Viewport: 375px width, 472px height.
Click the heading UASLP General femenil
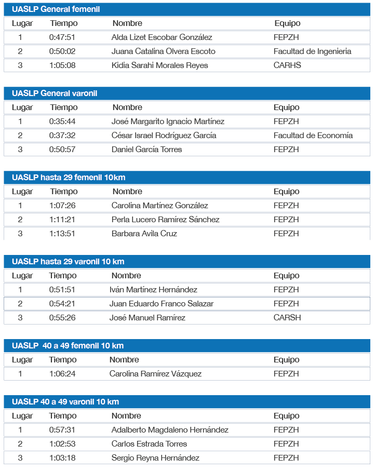point(56,9)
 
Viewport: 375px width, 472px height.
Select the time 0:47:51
point(62,37)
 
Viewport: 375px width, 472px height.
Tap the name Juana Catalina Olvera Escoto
point(163,51)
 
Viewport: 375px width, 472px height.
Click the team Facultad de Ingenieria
point(312,51)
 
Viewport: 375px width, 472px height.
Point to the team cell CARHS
point(287,65)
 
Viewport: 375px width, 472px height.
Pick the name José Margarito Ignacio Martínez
point(168,122)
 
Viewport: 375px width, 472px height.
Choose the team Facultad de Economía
point(313,136)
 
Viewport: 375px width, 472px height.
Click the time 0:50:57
point(62,150)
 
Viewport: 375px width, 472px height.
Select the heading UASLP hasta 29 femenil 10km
point(69,178)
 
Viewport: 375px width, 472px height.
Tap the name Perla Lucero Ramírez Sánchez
point(165,220)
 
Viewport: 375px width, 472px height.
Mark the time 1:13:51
point(62,234)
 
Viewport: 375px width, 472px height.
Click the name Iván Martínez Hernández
point(153,290)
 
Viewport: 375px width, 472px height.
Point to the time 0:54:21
point(62,304)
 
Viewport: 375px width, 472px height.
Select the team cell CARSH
point(287,318)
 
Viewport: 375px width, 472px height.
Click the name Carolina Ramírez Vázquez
point(155,374)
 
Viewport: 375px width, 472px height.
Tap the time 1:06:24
point(62,374)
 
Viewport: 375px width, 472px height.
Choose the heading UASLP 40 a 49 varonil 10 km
point(65,402)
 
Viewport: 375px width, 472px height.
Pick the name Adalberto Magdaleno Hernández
point(170,430)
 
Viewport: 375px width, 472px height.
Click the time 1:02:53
point(62,444)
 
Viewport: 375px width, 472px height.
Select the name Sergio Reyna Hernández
point(155,458)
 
